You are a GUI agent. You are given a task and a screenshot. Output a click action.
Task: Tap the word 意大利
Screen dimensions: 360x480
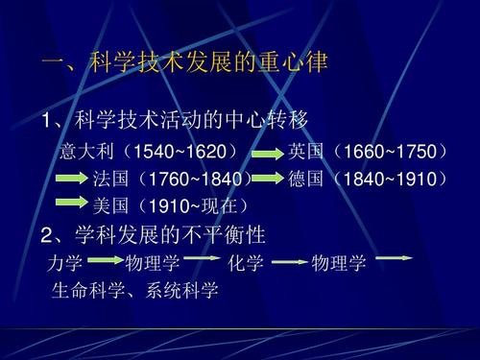(x=82, y=152)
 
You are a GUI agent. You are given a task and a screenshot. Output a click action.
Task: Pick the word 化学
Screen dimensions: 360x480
(x=246, y=263)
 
